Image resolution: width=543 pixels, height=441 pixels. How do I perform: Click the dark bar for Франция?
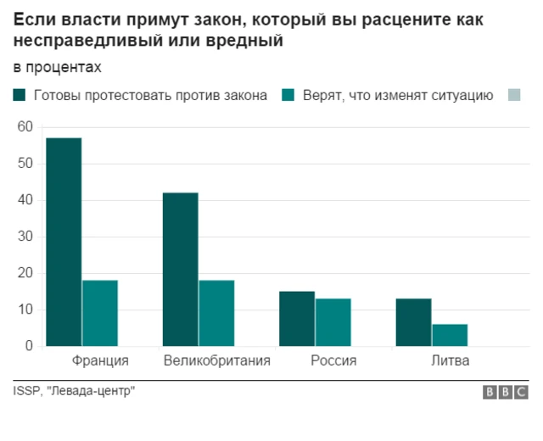point(64,242)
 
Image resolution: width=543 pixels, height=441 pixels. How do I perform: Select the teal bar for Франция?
point(100,313)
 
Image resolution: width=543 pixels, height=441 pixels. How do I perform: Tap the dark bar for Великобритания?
point(180,269)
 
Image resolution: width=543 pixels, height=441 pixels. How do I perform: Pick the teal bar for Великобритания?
point(216,313)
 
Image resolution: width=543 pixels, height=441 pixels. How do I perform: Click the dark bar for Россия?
point(297,319)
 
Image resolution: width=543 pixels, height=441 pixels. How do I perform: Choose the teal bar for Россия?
point(333,322)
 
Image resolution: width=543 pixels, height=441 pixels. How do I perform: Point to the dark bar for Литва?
point(413,322)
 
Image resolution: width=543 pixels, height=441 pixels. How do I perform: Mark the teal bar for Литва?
point(450,335)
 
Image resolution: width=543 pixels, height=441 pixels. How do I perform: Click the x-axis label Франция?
point(101,361)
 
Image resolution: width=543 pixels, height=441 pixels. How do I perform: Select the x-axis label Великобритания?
point(216,361)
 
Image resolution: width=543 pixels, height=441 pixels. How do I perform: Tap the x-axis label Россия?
point(333,361)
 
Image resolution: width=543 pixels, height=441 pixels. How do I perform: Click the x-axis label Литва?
point(449,361)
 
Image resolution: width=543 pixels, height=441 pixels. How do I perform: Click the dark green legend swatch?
point(20,95)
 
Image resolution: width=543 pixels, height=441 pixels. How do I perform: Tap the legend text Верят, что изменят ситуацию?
point(398,95)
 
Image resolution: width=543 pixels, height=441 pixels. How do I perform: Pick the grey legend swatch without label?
point(513,95)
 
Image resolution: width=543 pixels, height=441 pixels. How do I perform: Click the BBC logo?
point(505,392)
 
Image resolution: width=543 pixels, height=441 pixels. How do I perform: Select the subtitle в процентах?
point(56,66)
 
